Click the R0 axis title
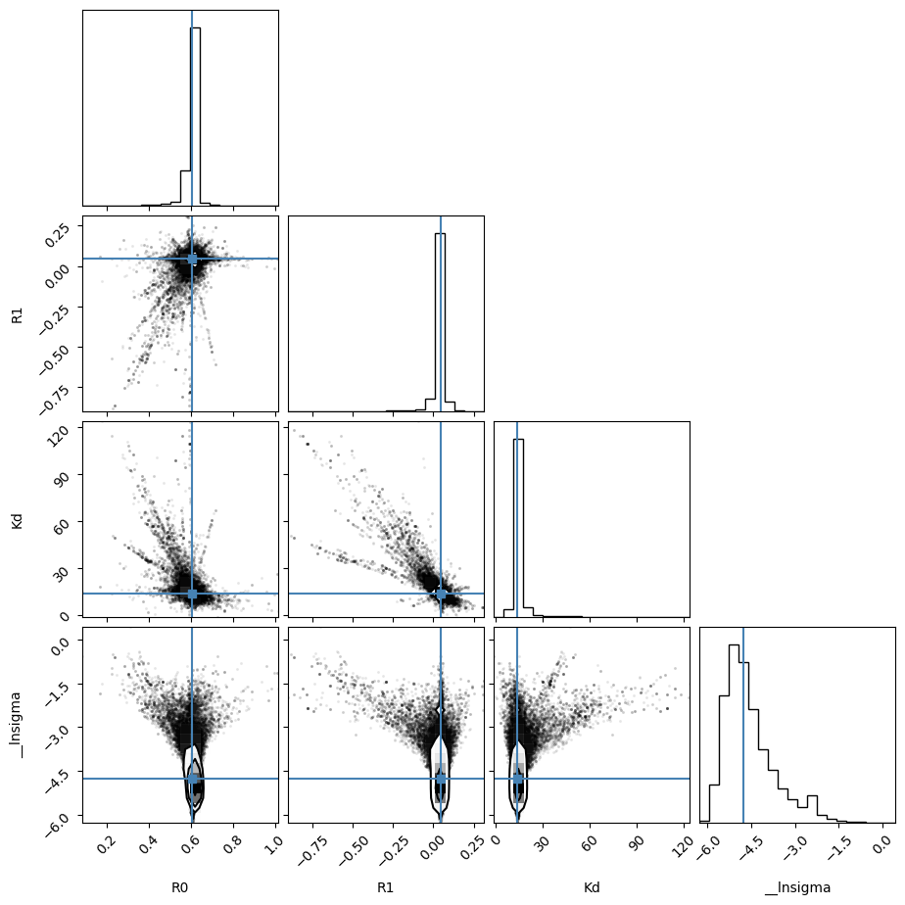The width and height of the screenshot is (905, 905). [179, 887]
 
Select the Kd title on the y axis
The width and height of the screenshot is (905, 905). [17, 519]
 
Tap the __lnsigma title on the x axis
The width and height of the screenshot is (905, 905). [797, 887]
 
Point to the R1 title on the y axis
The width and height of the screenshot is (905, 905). [17, 315]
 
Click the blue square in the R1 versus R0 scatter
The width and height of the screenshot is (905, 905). [192, 260]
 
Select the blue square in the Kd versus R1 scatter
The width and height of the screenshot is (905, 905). [441, 594]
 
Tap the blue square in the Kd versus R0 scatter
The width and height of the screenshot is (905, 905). [192, 594]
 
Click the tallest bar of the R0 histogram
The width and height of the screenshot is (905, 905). [195, 116]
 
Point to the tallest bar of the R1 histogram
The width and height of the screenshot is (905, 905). [440, 322]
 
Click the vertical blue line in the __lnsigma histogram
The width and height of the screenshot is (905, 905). [743, 725]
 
